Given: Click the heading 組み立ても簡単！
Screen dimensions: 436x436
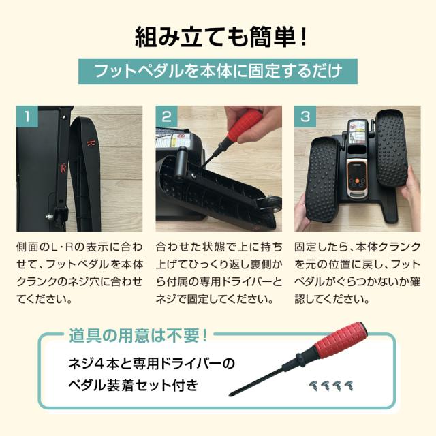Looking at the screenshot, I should tap(218, 33).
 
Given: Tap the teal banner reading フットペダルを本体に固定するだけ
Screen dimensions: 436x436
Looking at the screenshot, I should tap(217, 70).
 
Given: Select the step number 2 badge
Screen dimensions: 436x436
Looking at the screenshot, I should tap(166, 116).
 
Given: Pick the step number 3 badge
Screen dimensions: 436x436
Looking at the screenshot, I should tap(305, 116).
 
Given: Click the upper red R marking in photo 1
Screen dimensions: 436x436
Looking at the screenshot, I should tap(91, 144).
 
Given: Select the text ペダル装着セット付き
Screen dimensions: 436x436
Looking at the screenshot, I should tap(136, 386).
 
